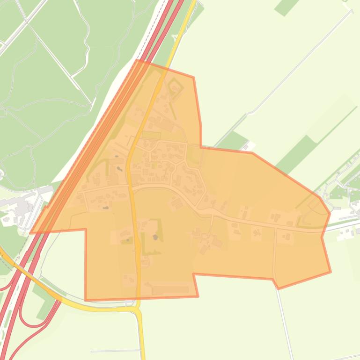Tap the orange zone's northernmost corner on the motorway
click(x=137, y=60)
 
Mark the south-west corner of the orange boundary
click(x=85, y=300)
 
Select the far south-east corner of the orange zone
click(x=331, y=272)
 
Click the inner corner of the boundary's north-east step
click(x=201, y=147)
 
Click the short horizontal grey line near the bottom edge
click(x=115, y=351)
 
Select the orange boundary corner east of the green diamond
click(x=193, y=78)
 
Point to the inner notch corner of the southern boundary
click(x=193, y=274)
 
